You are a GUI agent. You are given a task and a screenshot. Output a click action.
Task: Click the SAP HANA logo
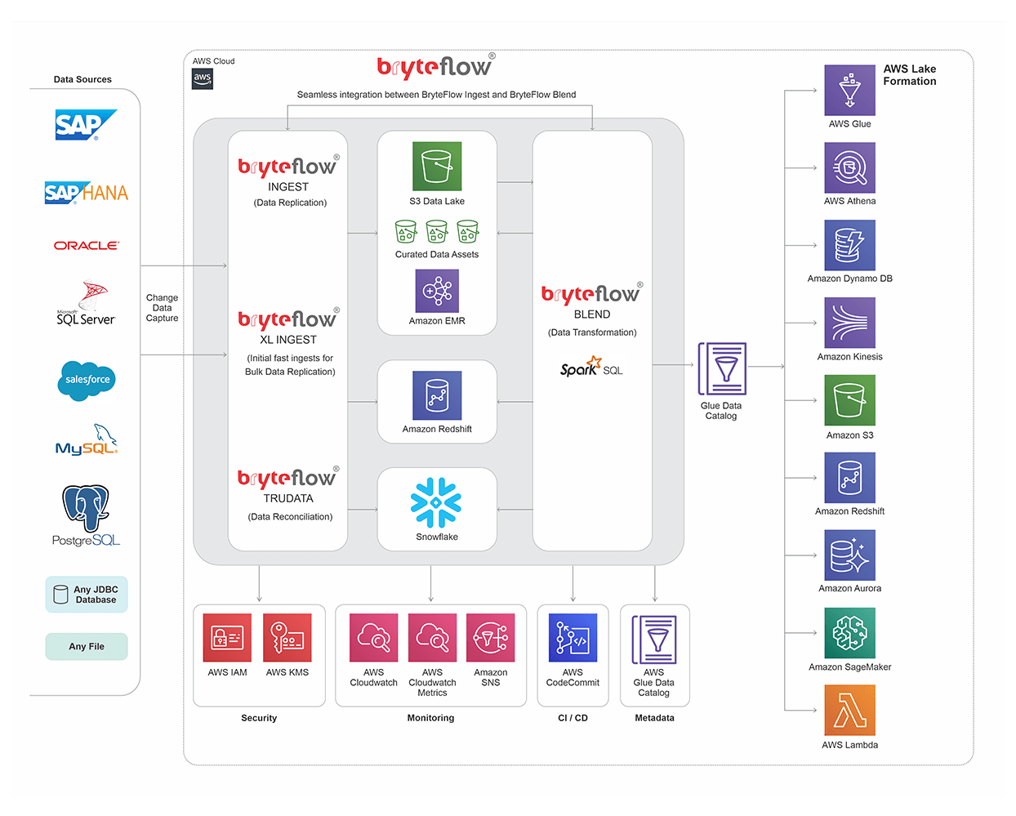(86, 193)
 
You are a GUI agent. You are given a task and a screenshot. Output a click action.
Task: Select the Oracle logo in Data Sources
(86, 245)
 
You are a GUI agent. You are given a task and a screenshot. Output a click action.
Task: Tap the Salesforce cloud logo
(87, 381)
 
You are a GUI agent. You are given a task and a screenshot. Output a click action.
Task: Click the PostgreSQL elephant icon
(86, 508)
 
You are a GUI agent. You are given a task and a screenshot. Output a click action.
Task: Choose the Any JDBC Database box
(87, 595)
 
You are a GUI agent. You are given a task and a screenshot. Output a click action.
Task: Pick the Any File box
(87, 646)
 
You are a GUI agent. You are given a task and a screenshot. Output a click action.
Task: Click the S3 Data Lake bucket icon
(437, 167)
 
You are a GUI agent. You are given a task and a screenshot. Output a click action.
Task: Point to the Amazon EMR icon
(437, 291)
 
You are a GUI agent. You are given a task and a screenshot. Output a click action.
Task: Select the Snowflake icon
(436, 502)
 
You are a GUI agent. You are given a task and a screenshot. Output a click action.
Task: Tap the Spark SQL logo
(591, 368)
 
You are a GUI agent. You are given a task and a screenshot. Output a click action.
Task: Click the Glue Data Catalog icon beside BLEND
(722, 368)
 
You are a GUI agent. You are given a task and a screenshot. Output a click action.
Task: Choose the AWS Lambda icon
(849, 711)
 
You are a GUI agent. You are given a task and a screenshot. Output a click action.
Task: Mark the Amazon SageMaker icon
(849, 633)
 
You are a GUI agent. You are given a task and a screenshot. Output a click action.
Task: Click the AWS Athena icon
(849, 168)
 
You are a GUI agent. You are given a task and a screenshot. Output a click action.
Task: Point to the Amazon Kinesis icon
(849, 323)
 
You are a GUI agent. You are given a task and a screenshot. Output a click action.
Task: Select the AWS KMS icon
(287, 638)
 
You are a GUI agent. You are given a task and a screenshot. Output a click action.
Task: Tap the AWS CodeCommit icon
(573, 638)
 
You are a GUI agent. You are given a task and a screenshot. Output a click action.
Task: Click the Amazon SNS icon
(490, 638)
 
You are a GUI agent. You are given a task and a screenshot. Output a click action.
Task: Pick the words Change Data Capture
(162, 308)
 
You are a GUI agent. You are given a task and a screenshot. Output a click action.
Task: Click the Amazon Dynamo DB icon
(849, 245)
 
